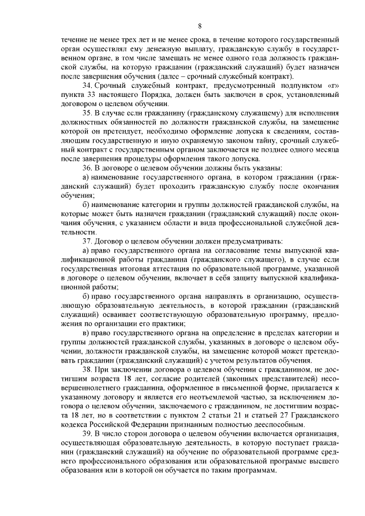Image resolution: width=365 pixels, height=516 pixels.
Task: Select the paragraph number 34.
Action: tap(87, 85)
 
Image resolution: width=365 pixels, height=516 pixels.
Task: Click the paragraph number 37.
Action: tap(87, 240)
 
